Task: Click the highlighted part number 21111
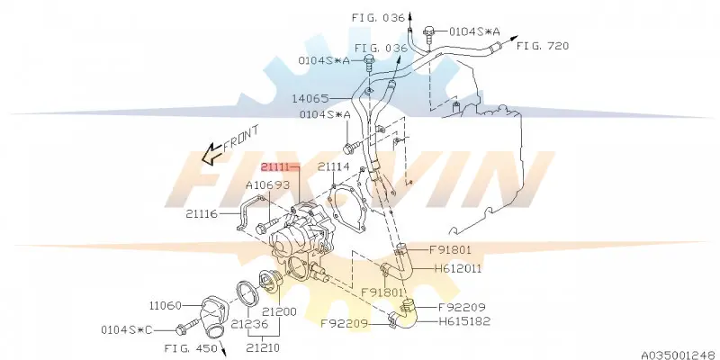(275, 167)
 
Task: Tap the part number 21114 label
(334, 167)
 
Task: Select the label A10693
(267, 185)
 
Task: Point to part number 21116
(202, 213)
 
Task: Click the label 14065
(310, 98)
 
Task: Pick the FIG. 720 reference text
(543, 46)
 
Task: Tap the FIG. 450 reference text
(191, 348)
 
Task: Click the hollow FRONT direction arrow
(212, 154)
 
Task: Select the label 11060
(166, 305)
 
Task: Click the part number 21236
(249, 324)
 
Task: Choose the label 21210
(262, 348)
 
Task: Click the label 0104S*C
(127, 329)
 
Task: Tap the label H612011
(458, 268)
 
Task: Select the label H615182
(464, 321)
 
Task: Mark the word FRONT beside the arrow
(241, 139)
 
